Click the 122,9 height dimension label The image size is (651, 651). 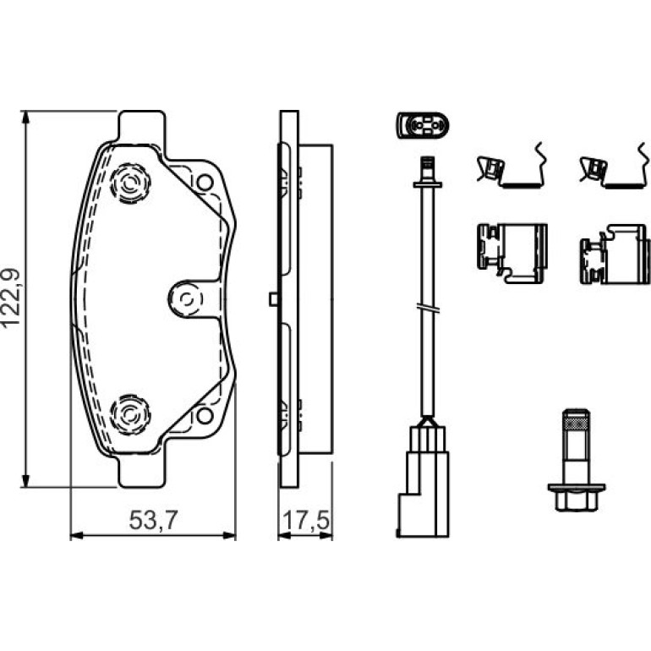click(x=11, y=298)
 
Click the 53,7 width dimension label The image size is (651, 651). click(x=153, y=520)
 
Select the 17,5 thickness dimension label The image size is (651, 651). click(x=306, y=521)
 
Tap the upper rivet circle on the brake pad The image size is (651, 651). click(x=130, y=183)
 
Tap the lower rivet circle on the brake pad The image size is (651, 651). click(x=130, y=415)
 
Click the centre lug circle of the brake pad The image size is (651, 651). click(x=187, y=299)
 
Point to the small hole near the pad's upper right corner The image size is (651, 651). click(x=205, y=183)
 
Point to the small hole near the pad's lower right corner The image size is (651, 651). click(x=205, y=416)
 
